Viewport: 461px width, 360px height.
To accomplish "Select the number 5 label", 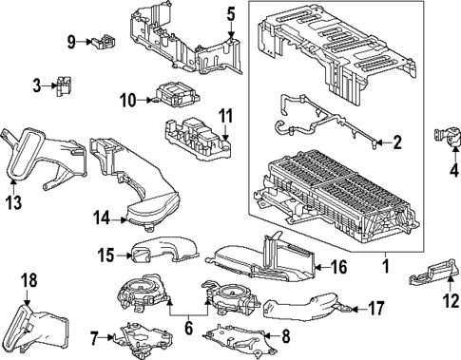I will (230, 13).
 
